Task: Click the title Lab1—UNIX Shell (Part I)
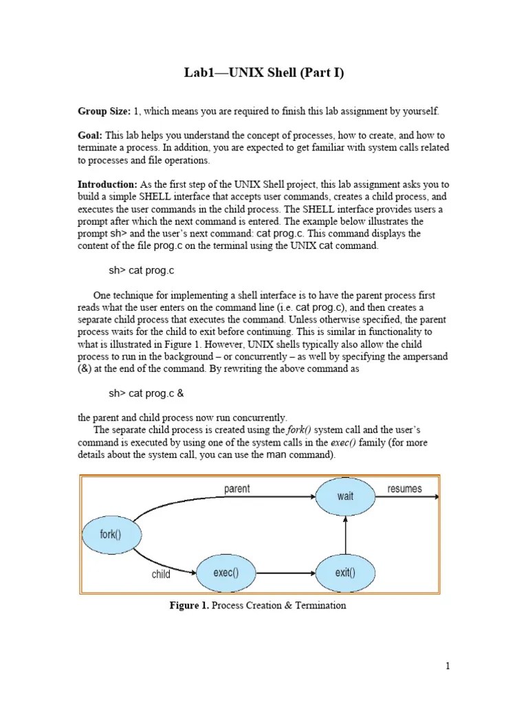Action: tap(263, 73)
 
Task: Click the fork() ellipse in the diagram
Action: tap(111, 534)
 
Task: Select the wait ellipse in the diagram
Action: tap(345, 495)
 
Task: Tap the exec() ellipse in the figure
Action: tap(225, 571)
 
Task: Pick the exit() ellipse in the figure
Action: tap(345, 571)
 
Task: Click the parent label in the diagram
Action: tap(237, 489)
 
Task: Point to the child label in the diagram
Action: tap(161, 574)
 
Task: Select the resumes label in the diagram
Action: tap(405, 489)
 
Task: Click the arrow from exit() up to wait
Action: tap(345, 533)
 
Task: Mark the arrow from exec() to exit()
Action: tap(285, 571)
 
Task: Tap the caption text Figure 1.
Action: tap(190, 606)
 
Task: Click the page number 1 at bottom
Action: tap(448, 665)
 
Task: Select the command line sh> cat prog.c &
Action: tap(146, 393)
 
